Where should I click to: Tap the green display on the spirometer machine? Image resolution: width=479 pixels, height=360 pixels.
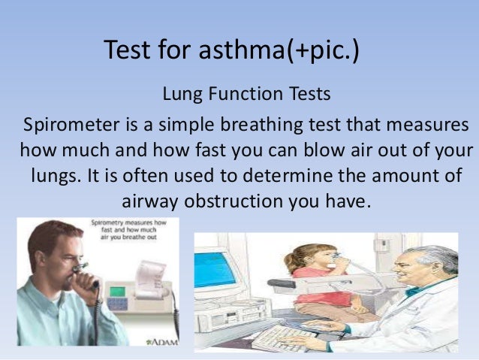pyautogui.click(x=120, y=289)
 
